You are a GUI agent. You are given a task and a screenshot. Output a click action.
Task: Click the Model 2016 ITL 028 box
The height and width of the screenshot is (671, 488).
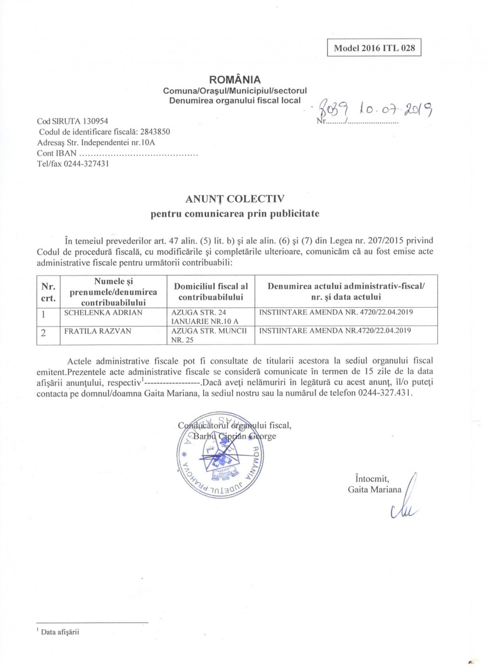pyautogui.click(x=374, y=48)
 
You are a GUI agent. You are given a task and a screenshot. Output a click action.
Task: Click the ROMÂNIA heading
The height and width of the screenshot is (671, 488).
pyautogui.click(x=235, y=80)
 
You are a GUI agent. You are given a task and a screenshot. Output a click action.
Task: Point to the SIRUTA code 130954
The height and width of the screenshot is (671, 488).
pyautogui.click(x=95, y=121)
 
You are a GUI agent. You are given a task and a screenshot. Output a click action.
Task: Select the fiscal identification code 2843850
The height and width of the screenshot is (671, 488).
pyautogui.click(x=155, y=132)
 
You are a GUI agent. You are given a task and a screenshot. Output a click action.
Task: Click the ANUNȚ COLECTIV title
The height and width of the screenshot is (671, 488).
pyautogui.click(x=235, y=199)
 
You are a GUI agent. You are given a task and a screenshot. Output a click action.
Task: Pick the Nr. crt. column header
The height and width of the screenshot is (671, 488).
pyautogui.click(x=48, y=292)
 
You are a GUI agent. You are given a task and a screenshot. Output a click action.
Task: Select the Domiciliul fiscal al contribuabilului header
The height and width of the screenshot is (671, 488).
pyautogui.click(x=211, y=292)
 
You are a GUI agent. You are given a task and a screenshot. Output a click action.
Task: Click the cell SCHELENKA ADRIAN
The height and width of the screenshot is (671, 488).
pyautogui.click(x=104, y=312)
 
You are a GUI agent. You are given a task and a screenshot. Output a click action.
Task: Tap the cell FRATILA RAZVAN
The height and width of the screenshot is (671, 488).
pyautogui.click(x=98, y=331)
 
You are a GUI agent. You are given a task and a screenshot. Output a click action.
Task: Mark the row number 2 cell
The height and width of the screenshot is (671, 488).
pyautogui.click(x=44, y=333)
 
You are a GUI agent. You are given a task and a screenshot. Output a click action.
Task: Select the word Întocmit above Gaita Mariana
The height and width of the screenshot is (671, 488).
pyautogui.click(x=372, y=479)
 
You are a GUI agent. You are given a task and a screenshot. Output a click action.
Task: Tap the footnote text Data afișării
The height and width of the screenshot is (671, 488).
pyautogui.click(x=60, y=632)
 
